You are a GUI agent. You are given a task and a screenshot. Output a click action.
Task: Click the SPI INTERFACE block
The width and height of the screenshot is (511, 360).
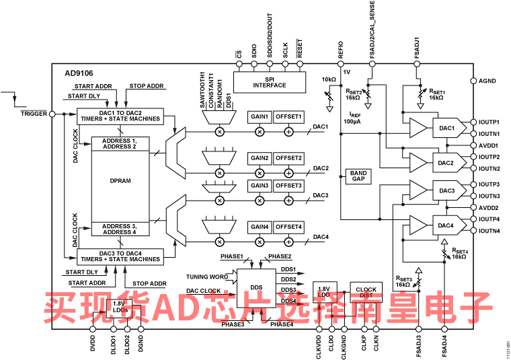tap(270, 83)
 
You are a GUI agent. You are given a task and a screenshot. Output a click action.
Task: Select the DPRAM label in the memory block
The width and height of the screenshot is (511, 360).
tap(120, 180)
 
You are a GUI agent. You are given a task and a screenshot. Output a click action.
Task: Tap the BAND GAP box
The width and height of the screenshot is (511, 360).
tap(358, 176)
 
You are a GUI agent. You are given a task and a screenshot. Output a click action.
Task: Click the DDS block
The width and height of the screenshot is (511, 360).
tap(256, 288)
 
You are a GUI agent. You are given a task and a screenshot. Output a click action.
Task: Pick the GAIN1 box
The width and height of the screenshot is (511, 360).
tap(260, 116)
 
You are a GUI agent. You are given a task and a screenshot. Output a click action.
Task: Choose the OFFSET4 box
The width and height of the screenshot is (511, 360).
tap(288, 227)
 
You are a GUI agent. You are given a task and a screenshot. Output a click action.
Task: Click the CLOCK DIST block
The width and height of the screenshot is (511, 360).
tap(366, 292)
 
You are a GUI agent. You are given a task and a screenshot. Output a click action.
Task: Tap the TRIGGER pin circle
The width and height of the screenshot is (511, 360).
tap(52, 114)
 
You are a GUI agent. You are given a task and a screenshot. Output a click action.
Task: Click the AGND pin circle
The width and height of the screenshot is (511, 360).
tap(473, 81)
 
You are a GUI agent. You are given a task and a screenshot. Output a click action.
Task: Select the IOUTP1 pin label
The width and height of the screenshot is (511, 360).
tap(489, 122)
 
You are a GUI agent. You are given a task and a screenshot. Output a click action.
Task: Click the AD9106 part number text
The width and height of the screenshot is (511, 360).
tap(79, 73)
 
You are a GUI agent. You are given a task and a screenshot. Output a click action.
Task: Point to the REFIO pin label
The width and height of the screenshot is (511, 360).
tap(341, 50)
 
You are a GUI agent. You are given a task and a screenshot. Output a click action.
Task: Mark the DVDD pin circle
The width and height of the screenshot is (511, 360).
tap(93, 329)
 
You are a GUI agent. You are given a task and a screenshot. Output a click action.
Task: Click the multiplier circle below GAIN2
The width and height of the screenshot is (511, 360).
tap(260, 173)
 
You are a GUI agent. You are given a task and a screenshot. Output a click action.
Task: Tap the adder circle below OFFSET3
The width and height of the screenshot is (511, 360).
tap(288, 201)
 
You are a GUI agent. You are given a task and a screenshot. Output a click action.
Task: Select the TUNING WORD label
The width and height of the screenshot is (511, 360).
tap(207, 277)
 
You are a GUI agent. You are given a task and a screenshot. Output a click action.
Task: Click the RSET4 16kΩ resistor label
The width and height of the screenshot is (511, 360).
tap(459, 254)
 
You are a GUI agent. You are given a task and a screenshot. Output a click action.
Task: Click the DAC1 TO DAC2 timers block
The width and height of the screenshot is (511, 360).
tap(120, 116)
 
